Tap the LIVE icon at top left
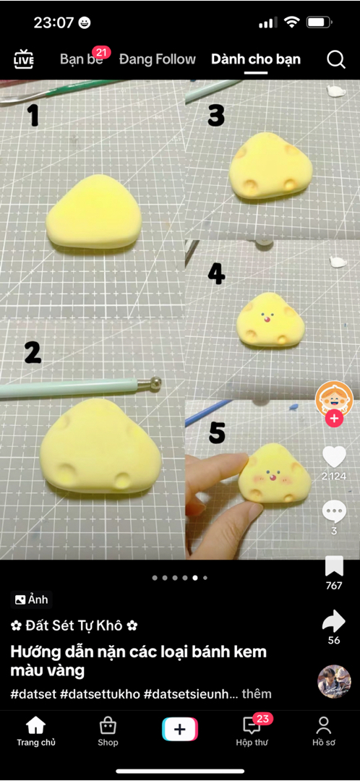tap(23, 59)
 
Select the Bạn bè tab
tap(81, 59)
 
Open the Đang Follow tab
tap(158, 59)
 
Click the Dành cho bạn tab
tap(256, 59)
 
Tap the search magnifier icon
tap(336, 60)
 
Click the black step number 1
tap(33, 116)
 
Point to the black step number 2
tap(33, 353)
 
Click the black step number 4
tap(216, 274)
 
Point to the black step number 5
tap(217, 432)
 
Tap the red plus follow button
tap(334, 419)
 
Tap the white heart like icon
tap(334, 457)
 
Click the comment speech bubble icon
tap(334, 511)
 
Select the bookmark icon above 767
tap(334, 566)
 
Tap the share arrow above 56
tap(334, 620)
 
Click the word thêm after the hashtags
tap(257, 693)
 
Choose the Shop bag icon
tap(108, 726)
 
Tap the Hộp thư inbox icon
tap(252, 726)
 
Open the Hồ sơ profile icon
tap(324, 726)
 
